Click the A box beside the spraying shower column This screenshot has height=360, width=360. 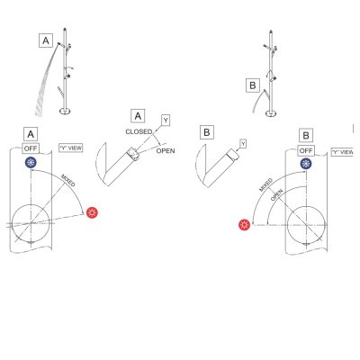click(46, 40)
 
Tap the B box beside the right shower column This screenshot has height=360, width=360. click(253, 85)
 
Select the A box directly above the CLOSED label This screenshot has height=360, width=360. click(138, 116)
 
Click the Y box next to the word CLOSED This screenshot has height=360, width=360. click(166, 121)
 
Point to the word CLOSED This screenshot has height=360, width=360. click(139, 131)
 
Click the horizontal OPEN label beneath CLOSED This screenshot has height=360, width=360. click(166, 151)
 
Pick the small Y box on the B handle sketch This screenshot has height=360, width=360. click(243, 144)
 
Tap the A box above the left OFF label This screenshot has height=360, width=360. click(31, 134)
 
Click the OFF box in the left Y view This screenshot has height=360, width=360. click(31, 148)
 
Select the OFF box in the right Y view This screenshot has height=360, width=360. click(306, 150)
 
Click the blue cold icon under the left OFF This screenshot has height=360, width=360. click(31, 163)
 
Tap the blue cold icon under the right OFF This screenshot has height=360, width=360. click(306, 164)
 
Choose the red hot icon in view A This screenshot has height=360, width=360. click(92, 212)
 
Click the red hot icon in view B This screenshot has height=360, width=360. click(244, 225)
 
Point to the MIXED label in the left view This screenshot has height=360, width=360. click(68, 180)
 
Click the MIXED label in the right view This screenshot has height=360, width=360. click(265, 184)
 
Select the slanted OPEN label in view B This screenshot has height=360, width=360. click(276, 195)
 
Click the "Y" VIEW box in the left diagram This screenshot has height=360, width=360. click(71, 148)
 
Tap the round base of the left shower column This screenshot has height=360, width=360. click(65, 112)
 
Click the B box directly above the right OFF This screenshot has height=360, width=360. click(306, 135)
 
